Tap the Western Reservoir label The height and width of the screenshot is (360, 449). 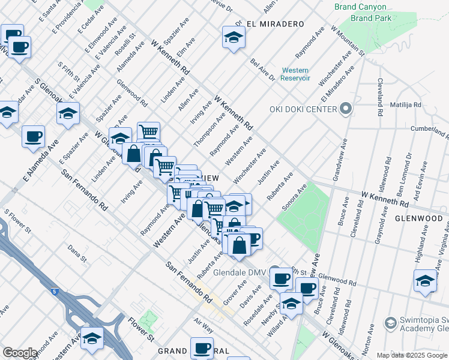point(295,74)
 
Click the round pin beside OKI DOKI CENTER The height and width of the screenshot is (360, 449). point(345,109)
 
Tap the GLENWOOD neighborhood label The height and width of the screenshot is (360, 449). point(418,219)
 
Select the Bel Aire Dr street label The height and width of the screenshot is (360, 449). point(262,70)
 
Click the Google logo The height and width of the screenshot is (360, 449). point(20,353)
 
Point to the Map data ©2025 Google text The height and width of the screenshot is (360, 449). point(412,355)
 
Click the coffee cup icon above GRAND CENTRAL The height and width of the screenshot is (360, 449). point(202,348)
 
